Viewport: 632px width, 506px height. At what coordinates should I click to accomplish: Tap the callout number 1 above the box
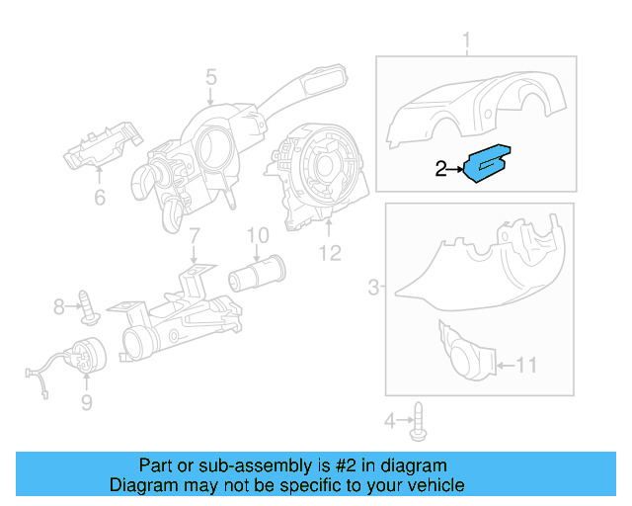[467, 41]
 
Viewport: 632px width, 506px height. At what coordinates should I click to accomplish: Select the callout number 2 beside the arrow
[441, 170]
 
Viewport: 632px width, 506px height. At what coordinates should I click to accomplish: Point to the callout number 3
[373, 288]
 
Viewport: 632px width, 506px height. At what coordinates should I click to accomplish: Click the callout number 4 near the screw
[390, 422]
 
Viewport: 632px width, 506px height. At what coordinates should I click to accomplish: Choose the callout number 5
[211, 75]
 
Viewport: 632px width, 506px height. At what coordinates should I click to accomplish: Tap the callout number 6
[99, 198]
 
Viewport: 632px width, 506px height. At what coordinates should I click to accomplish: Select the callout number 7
[195, 237]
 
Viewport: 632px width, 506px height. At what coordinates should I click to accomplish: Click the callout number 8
[58, 307]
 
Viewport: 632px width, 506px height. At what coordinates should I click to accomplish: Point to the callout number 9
[86, 401]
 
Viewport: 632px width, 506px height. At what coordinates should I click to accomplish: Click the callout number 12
[329, 253]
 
